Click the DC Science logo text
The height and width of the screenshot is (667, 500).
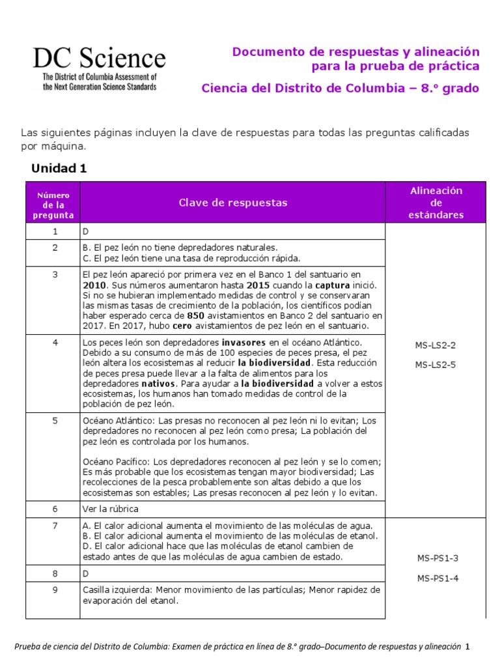99,59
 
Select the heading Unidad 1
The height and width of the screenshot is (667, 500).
59,169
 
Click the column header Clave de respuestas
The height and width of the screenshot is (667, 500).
232,203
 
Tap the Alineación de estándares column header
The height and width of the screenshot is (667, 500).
436,203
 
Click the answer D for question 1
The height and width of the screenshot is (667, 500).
85,232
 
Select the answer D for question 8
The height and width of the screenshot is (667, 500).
85,574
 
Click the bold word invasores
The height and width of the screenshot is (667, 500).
244,343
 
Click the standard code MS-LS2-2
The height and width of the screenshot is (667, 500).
436,345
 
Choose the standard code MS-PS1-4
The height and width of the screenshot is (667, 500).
436,578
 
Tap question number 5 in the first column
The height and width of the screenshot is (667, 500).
55,421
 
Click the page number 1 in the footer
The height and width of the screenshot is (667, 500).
467,647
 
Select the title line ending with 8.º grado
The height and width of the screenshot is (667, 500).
340,88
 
